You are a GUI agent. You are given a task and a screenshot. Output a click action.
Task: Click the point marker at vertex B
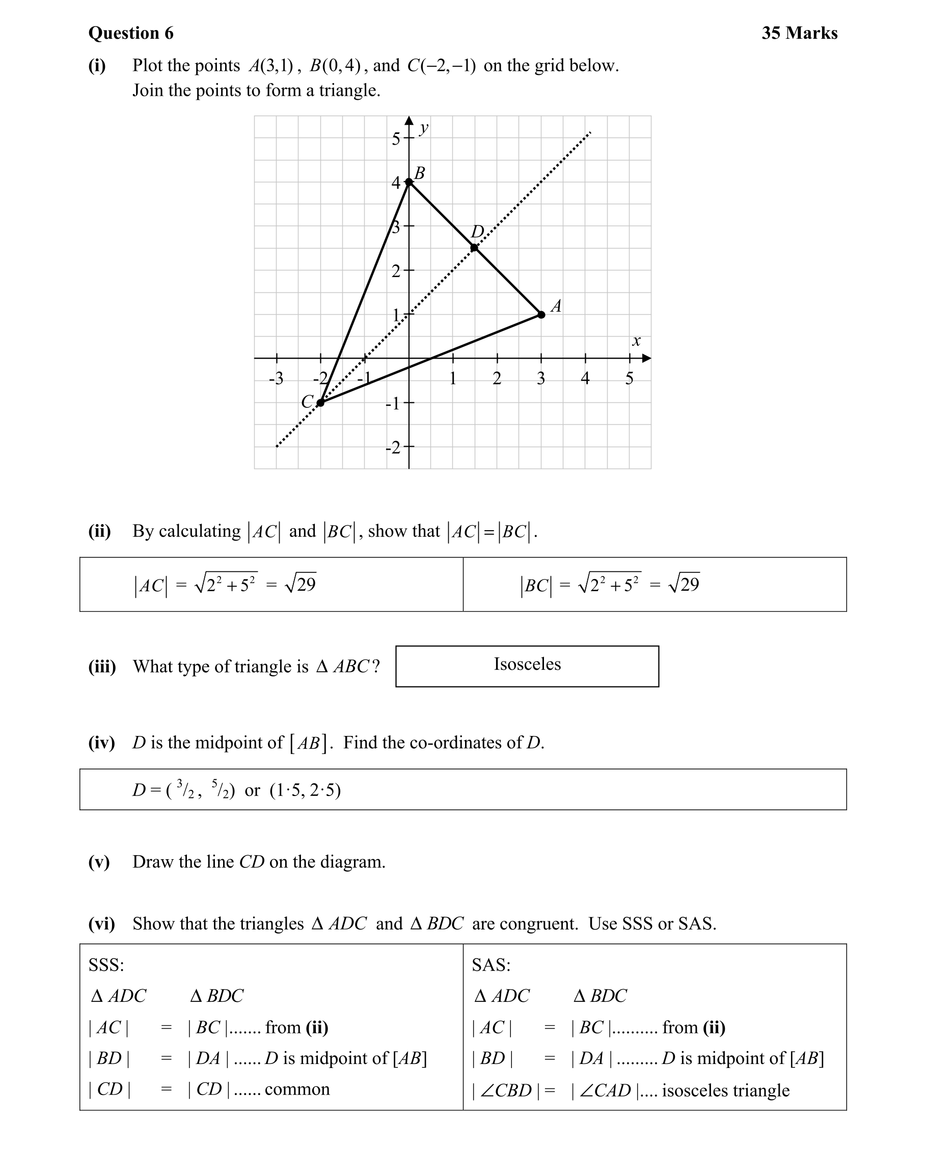point(409,182)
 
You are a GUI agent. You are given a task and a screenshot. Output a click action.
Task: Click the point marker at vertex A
point(541,315)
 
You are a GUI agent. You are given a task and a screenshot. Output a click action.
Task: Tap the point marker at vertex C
point(320,403)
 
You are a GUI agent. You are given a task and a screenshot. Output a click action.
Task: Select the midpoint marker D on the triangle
point(475,248)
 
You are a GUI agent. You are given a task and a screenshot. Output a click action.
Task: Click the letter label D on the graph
point(477,232)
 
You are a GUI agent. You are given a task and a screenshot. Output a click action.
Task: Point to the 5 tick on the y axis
point(396,139)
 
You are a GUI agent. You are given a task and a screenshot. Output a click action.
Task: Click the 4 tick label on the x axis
point(585,378)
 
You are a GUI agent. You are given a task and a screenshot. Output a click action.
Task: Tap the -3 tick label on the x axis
point(276,379)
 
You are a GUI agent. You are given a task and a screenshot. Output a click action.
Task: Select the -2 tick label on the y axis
point(393,448)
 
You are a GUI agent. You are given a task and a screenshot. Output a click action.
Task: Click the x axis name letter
point(636,341)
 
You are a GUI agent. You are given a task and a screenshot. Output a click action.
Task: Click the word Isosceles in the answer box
point(527,664)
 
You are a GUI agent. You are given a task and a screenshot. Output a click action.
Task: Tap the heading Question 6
point(131,33)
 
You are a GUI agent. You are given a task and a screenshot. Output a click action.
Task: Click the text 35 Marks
point(799,33)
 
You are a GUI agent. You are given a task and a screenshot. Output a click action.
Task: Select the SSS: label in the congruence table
point(106,965)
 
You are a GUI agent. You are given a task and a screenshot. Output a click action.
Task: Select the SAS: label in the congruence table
point(491,965)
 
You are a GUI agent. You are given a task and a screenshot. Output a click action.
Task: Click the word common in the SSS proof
point(297,1089)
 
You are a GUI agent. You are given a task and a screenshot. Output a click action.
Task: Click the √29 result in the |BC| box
point(684,584)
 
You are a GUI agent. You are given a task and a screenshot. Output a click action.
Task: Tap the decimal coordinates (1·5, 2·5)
point(305,790)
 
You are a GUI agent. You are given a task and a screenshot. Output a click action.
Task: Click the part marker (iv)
point(101,743)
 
